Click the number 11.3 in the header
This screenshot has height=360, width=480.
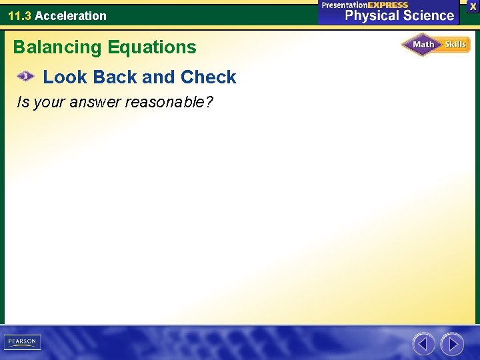[x=19, y=15]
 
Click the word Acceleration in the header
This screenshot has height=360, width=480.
[x=71, y=15]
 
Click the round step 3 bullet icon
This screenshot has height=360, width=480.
[x=25, y=77]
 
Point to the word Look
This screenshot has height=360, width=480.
[x=65, y=77]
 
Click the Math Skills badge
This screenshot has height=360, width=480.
[x=435, y=45]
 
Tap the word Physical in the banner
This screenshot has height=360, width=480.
[x=371, y=16]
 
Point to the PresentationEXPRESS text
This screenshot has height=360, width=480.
[x=365, y=5]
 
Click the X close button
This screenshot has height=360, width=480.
[x=473, y=6]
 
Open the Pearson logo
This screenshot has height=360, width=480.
[x=22, y=342]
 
